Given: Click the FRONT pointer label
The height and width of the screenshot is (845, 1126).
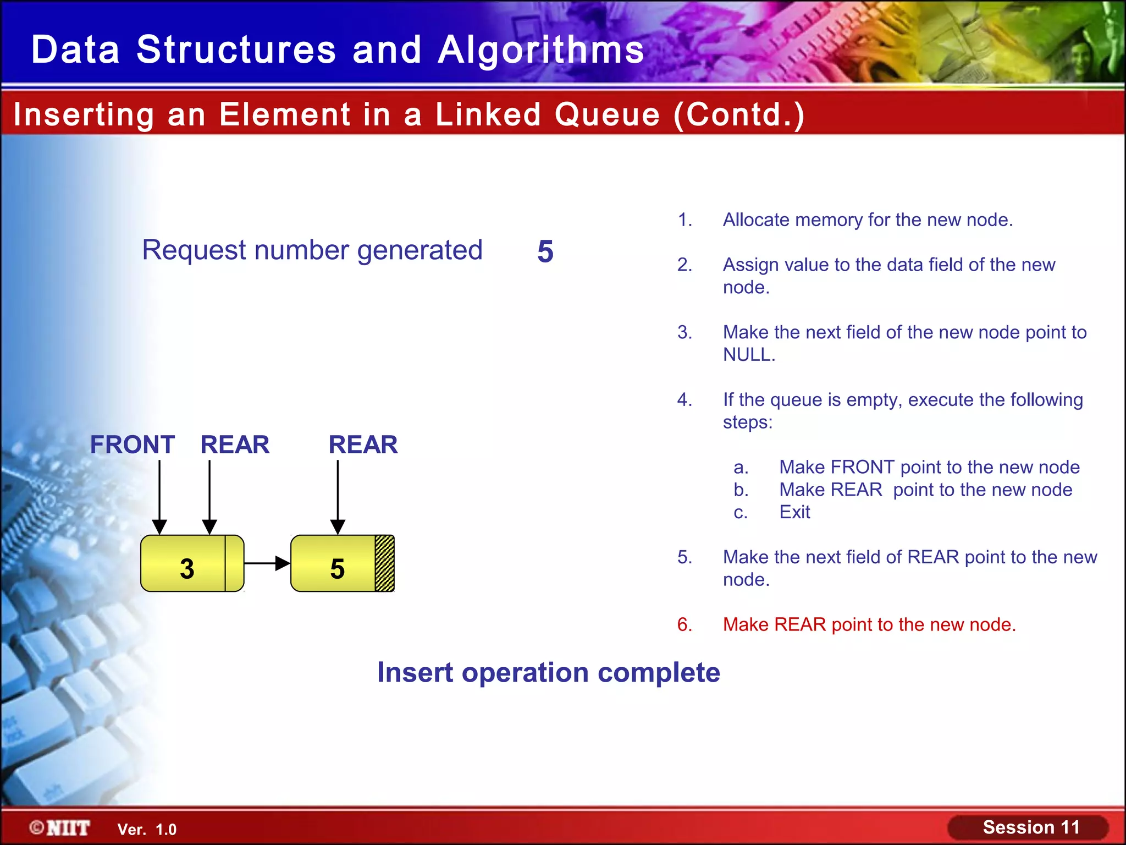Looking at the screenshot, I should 133,445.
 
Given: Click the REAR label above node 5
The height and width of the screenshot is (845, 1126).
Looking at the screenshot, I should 363,445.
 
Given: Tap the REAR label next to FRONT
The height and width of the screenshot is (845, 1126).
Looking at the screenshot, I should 235,445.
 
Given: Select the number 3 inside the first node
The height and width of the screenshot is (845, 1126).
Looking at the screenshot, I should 187,568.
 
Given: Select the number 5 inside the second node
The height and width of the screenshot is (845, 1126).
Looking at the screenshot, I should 337,568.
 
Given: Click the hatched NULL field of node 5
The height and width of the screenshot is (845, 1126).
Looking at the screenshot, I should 384,563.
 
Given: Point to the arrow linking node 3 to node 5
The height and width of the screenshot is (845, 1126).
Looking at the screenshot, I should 267,563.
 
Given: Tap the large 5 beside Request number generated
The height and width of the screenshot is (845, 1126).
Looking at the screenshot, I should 545,251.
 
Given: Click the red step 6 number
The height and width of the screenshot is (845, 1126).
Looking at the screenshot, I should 685,624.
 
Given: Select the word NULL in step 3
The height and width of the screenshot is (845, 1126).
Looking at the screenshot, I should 748,355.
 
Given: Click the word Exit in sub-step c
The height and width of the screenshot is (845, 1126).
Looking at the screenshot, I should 794,512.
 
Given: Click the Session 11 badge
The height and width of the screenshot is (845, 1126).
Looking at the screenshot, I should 1030,827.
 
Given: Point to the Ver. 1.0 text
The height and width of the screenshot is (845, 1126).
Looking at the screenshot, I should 147,830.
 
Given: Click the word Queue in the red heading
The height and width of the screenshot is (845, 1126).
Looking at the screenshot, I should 607,114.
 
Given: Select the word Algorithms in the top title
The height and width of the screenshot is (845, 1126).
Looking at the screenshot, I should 541,50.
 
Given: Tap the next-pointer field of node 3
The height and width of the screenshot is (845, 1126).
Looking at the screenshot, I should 234,563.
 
